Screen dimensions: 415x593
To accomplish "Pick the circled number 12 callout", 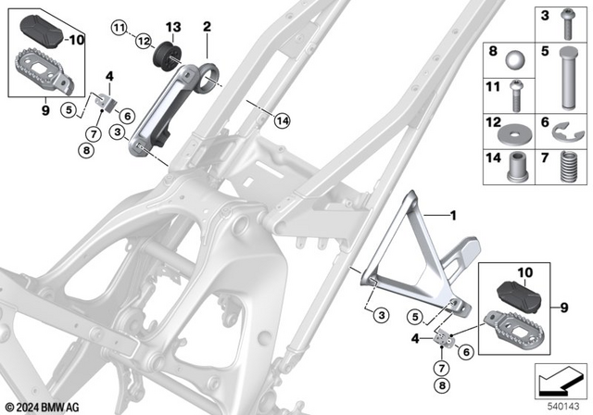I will [144, 41].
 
